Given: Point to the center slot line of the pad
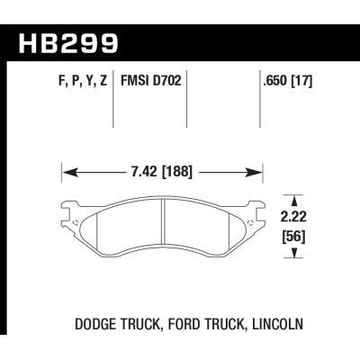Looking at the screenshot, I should coord(163,224).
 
